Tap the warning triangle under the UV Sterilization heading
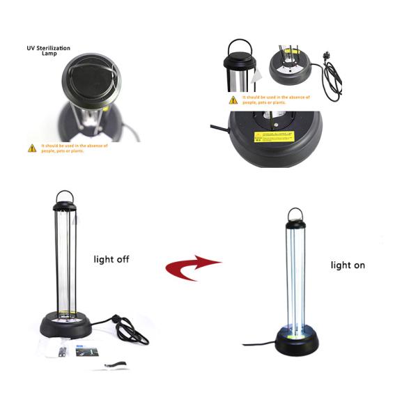tap(32, 148)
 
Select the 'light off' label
tap(111, 259)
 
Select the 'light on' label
tap(348, 265)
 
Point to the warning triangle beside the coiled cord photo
tap(233, 100)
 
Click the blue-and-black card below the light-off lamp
tap(83, 351)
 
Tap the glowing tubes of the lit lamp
tap(296, 279)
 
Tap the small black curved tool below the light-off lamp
tap(114, 364)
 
